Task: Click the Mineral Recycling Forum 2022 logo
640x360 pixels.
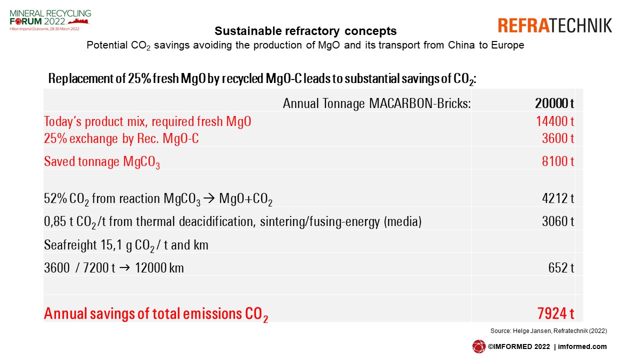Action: click(50, 20)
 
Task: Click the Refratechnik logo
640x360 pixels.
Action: click(555, 25)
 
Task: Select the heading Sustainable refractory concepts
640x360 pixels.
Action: click(305, 31)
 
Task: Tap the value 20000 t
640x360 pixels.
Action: click(554, 103)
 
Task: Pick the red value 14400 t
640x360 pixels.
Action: click(555, 121)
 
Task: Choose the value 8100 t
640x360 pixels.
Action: click(558, 161)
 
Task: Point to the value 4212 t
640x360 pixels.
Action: click(558, 198)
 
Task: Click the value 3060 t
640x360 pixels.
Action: click(558, 221)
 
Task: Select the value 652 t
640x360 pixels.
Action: click(561, 268)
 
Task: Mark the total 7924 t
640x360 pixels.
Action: click(555, 313)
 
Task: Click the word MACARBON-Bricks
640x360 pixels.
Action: click(419, 103)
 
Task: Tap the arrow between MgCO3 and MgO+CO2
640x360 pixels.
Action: click(209, 198)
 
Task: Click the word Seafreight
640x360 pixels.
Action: click(70, 245)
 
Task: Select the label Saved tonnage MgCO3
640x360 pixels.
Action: click(101, 162)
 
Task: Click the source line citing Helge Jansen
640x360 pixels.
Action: click(548, 331)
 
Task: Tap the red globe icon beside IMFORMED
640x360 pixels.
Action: click(479, 346)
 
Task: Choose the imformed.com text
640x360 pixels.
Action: click(582, 346)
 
